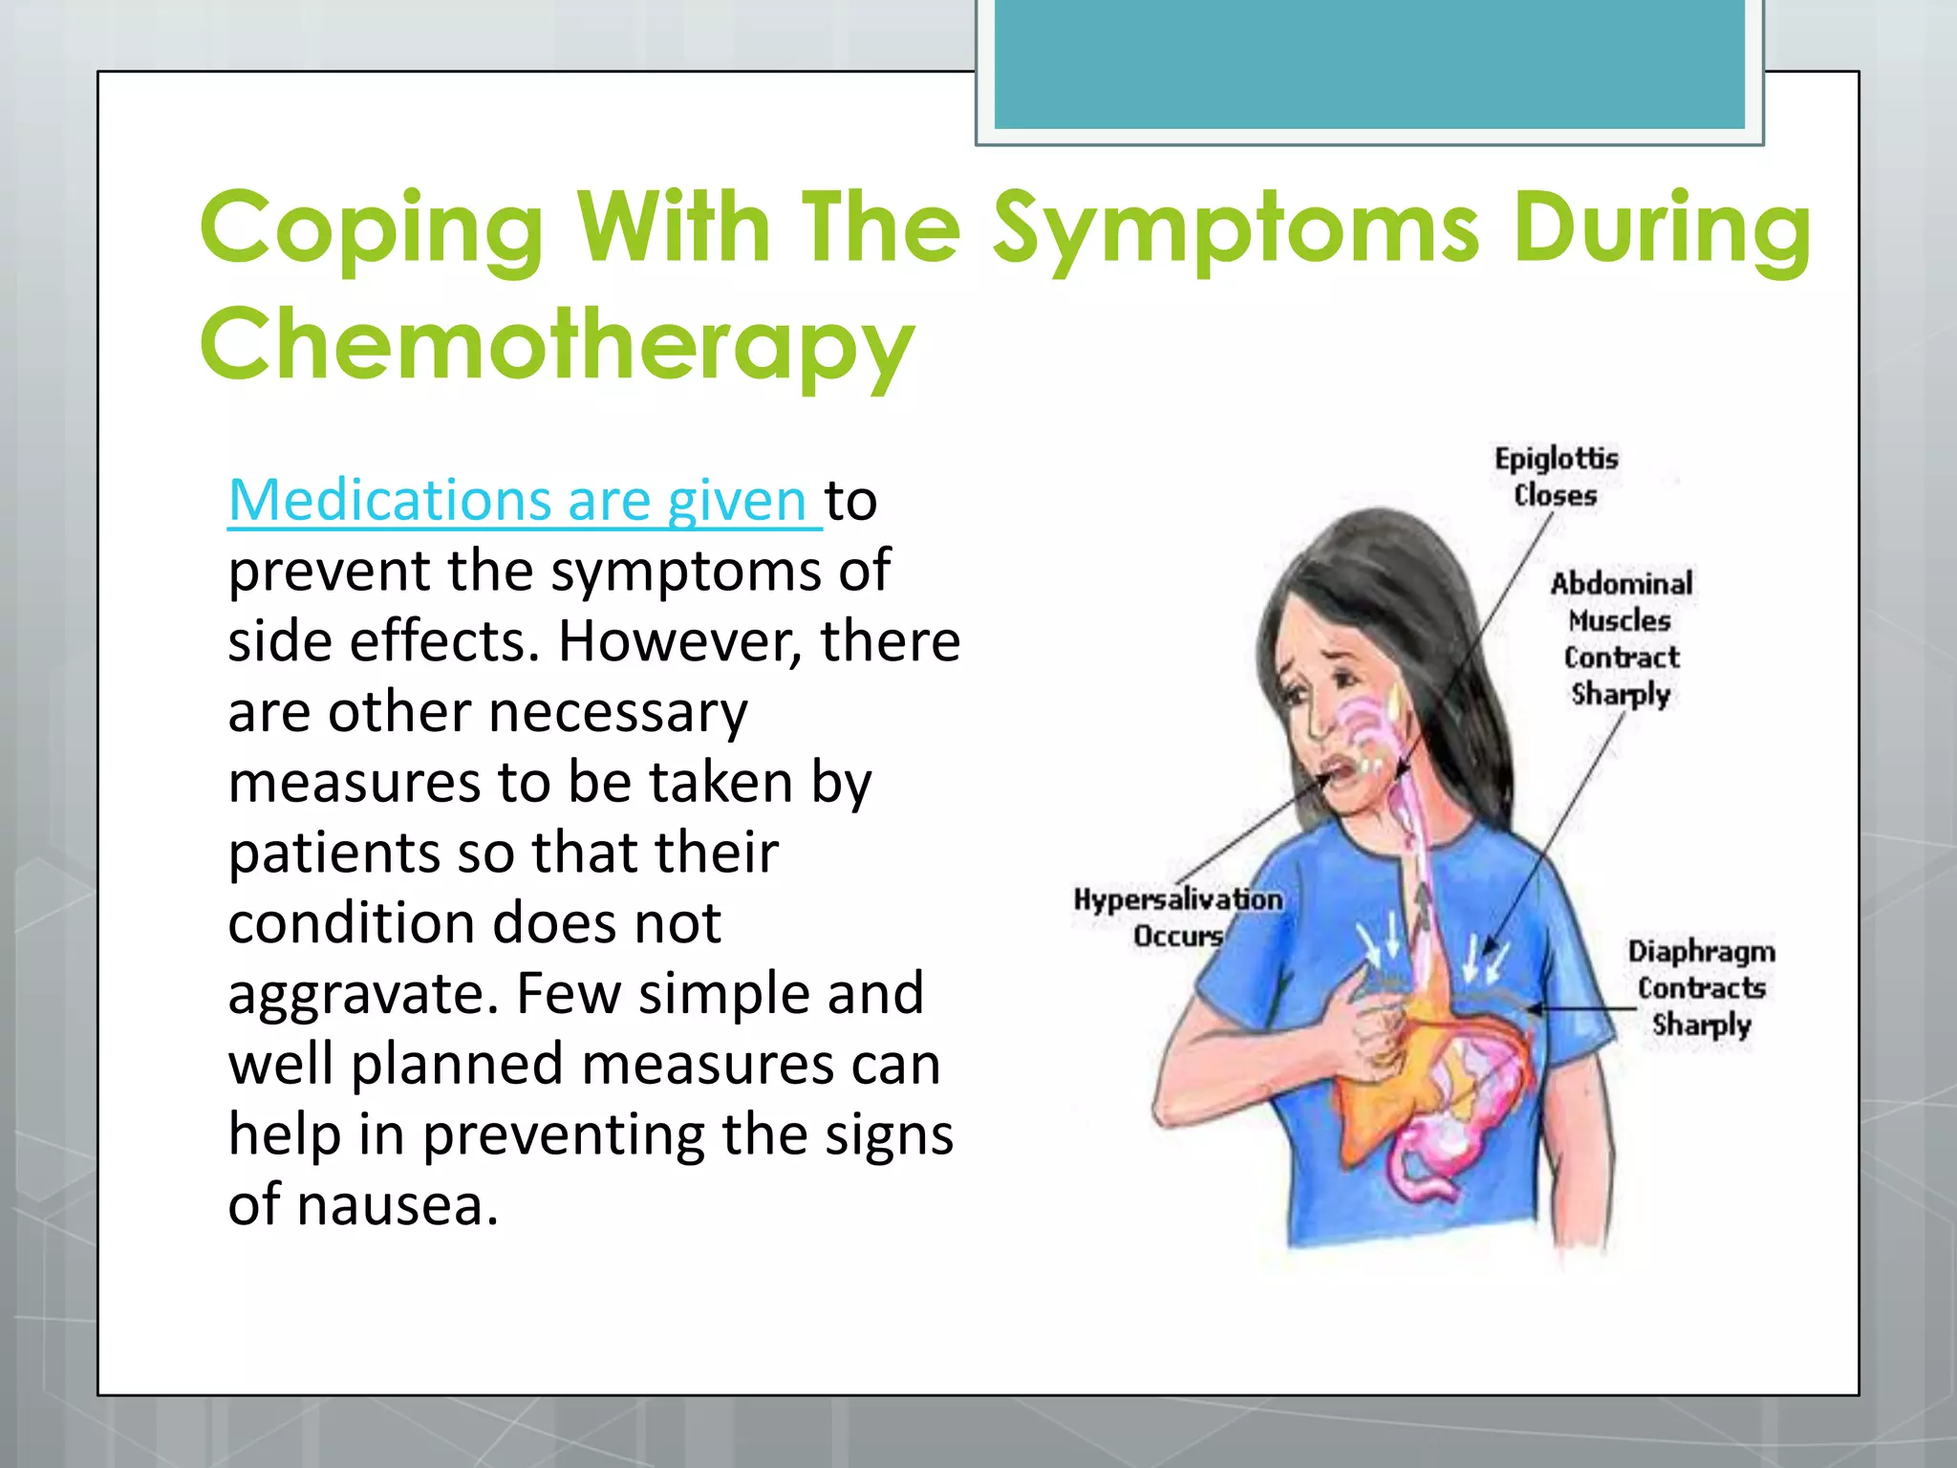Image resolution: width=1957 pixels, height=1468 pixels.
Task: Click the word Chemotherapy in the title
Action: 557,344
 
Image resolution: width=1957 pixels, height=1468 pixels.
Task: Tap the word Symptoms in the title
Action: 1237,229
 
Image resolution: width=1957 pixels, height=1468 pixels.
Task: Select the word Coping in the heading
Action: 372,229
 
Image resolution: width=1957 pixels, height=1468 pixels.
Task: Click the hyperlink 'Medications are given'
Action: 524,500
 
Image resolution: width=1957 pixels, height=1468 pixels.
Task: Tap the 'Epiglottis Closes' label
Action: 1556,476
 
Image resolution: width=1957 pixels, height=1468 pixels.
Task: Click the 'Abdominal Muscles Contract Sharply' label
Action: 1621,637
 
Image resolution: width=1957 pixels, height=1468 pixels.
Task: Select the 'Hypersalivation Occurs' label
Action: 1178,917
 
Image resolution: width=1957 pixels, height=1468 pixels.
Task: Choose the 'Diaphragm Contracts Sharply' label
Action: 1701,987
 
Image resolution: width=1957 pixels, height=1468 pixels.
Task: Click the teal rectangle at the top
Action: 1368,63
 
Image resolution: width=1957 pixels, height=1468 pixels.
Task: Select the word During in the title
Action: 1662,229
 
